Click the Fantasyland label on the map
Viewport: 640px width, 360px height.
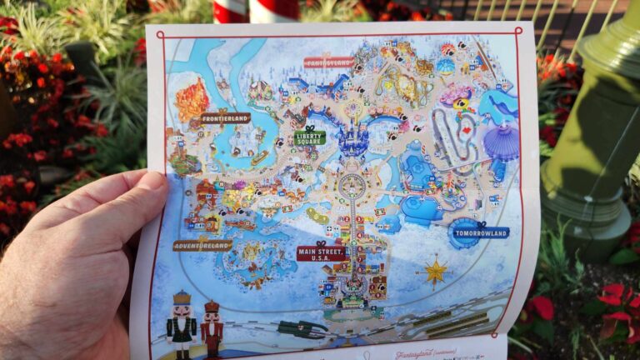click(x=329, y=62)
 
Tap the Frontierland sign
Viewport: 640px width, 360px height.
click(x=225, y=118)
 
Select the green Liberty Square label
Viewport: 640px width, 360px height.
click(x=309, y=138)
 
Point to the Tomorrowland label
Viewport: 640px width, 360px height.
click(x=479, y=232)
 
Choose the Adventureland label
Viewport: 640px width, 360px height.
click(x=202, y=245)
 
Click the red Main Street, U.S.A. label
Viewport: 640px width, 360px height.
click(x=322, y=252)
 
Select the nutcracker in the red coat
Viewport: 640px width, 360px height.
click(x=212, y=326)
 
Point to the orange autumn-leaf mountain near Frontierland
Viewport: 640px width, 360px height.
click(x=192, y=98)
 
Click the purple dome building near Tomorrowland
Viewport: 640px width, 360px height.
click(x=502, y=141)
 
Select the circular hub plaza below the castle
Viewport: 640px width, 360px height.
click(x=352, y=186)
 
